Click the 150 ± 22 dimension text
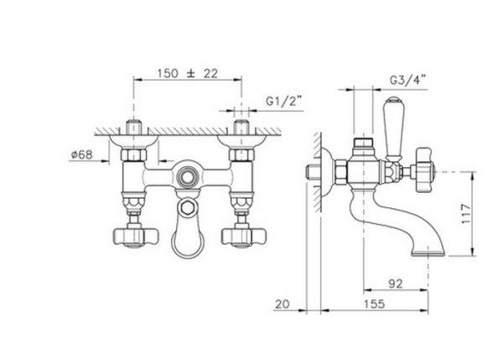point(187,74)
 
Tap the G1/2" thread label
point(284,102)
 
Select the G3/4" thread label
point(407,80)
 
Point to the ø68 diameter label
point(82,154)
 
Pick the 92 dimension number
point(395,284)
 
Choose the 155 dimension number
point(374,304)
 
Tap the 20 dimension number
point(283,304)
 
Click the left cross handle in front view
point(135,237)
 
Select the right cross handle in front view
point(243,237)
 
